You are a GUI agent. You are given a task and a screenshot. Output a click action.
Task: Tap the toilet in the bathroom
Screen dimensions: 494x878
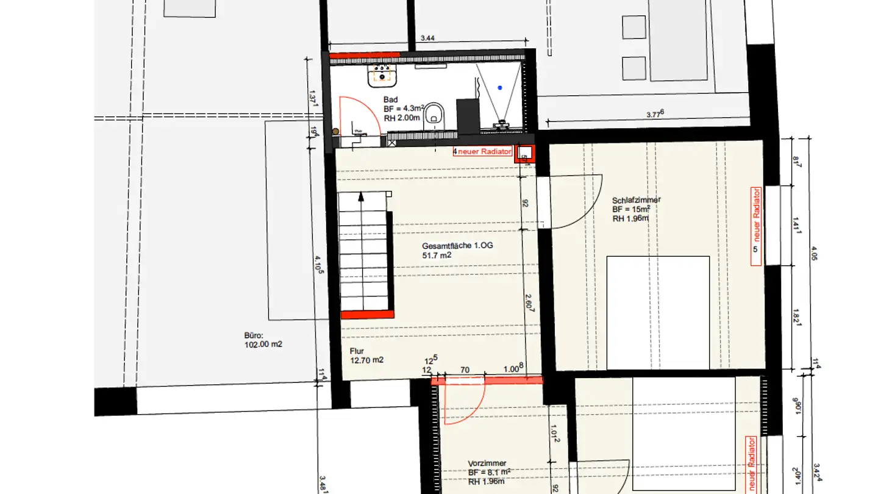coord(434,113)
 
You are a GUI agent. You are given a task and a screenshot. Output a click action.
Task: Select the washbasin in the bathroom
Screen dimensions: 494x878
coord(382,76)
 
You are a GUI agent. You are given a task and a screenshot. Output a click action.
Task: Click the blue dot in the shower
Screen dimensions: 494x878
coord(500,88)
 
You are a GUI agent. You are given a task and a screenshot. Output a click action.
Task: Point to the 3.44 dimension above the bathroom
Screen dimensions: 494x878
coord(427,38)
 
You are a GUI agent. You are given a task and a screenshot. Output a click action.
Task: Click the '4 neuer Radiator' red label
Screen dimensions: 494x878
coord(482,151)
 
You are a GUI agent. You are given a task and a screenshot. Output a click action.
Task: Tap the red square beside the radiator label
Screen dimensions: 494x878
coord(524,152)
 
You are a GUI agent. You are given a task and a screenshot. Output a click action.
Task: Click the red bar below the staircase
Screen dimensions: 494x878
coord(366,314)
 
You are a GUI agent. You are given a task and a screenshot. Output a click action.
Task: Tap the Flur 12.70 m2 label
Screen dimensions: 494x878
coord(366,356)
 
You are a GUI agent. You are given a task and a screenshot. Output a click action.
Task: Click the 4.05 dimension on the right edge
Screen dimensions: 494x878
coord(815,252)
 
